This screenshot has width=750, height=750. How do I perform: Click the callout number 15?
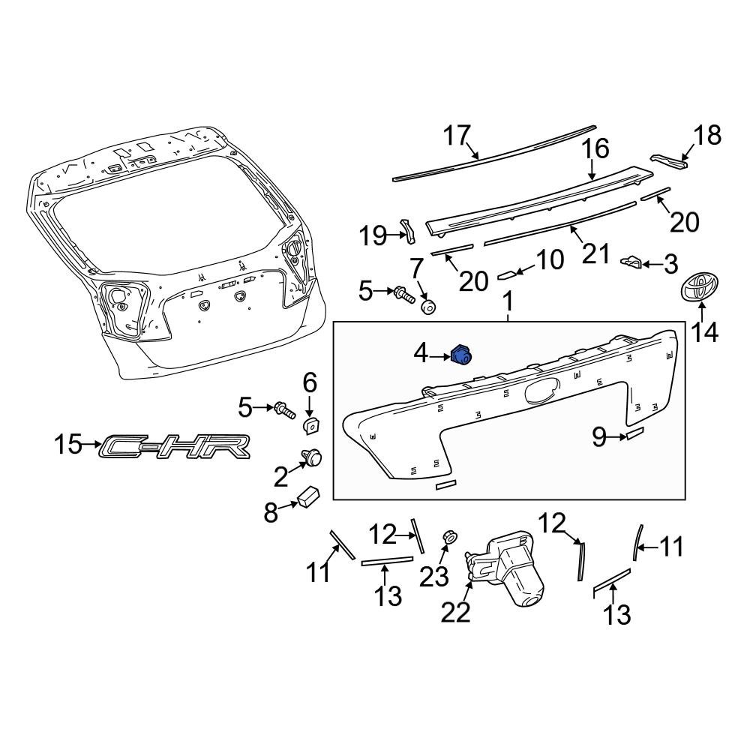pos(70,445)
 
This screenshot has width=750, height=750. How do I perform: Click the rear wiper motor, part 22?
pos(503,565)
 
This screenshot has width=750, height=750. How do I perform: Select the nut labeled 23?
pos(451,537)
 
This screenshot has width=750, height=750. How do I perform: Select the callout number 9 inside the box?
pos(599,436)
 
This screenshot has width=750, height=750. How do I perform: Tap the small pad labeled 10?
pos(508,274)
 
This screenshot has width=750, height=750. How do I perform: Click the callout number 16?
pos(596,148)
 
